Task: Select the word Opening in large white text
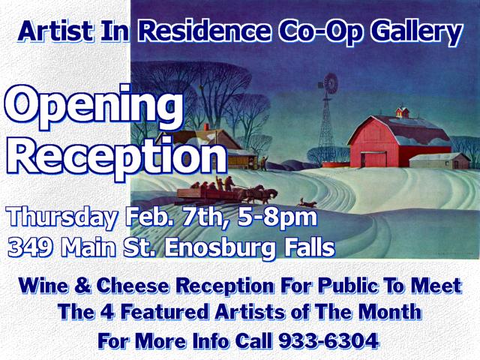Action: [x=94, y=108]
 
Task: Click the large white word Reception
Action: [x=117, y=157]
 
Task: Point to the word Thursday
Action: [x=63, y=217]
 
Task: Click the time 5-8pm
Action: [x=277, y=217]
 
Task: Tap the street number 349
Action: [x=30, y=247]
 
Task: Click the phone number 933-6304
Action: [x=328, y=340]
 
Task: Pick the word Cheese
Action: [x=133, y=286]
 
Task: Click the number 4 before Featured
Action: [x=108, y=312]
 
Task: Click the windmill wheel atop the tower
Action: [x=330, y=83]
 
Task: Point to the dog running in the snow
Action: [x=307, y=202]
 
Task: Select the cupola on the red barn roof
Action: [x=403, y=112]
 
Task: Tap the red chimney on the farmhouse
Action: [x=206, y=127]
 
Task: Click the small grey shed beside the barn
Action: [x=439, y=160]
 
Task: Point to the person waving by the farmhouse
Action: [x=263, y=163]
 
